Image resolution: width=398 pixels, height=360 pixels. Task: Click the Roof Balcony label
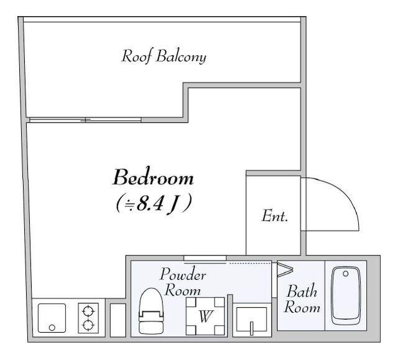point(164,57)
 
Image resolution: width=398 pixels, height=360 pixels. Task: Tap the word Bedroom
point(153,177)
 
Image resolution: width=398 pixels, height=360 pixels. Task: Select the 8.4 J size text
point(153,204)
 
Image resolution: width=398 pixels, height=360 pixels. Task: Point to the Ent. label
point(275,216)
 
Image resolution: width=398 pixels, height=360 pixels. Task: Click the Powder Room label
point(182,282)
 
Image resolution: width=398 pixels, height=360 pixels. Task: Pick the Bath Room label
point(302,299)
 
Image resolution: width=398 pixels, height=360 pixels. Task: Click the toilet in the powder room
point(151,311)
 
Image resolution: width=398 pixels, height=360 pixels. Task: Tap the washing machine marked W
point(205,316)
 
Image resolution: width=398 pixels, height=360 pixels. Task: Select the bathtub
point(346,296)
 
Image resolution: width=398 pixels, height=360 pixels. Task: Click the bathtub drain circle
point(346,274)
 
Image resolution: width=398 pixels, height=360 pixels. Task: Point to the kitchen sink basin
point(52,318)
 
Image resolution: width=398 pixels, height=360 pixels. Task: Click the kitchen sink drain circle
point(52,328)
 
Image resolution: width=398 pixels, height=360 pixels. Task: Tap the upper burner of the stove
point(88,310)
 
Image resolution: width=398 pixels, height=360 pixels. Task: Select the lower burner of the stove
point(88,325)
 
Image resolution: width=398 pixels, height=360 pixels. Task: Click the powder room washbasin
point(251,320)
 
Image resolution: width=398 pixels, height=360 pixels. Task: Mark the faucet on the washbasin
point(251,328)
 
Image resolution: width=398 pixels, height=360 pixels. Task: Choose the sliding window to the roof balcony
point(85,120)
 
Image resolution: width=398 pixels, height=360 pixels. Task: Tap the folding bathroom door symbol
point(285,269)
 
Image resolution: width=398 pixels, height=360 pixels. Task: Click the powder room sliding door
point(205,258)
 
